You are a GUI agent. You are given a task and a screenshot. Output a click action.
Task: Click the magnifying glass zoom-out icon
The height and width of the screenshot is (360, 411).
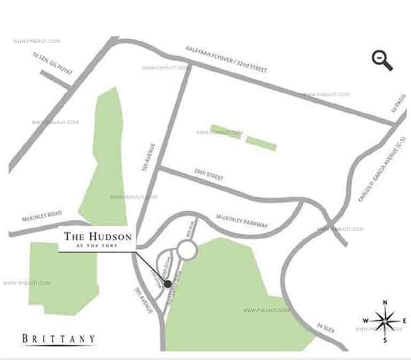click(382, 61)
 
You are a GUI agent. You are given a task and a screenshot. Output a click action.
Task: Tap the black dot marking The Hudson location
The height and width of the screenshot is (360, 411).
click(167, 284)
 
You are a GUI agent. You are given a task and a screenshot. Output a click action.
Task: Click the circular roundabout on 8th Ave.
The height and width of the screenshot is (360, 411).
click(187, 249)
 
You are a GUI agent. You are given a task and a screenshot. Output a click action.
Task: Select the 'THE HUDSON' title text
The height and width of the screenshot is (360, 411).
click(97, 236)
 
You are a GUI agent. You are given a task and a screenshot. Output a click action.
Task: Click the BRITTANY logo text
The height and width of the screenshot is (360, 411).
click(59, 338)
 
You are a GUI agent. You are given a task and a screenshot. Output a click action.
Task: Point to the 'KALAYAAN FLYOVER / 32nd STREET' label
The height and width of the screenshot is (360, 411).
click(226, 59)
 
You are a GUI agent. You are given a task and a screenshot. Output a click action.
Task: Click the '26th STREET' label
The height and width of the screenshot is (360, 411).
click(208, 175)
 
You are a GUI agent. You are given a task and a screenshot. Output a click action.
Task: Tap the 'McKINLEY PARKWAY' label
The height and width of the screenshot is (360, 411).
click(242, 220)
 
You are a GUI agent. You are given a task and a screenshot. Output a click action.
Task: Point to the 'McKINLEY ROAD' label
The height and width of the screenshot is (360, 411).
click(42, 216)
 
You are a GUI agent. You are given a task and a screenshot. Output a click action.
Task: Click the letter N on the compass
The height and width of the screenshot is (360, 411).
click(384, 303)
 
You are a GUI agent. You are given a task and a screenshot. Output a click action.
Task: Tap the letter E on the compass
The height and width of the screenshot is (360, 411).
click(405, 320)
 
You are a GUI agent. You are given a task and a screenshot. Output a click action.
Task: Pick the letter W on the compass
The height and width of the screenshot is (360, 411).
click(366, 320)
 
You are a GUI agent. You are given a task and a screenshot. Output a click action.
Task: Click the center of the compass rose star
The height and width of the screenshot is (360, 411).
click(385, 320)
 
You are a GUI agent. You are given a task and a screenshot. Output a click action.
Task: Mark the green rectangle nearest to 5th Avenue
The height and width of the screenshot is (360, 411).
click(225, 131)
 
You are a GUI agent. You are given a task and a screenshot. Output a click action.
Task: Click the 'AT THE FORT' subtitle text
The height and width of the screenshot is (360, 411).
click(98, 245)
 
